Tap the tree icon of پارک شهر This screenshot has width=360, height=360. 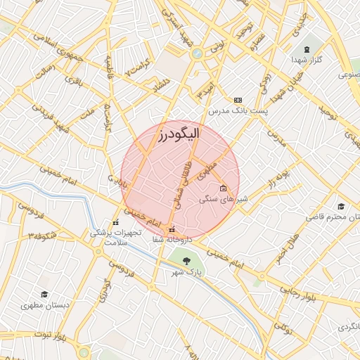pyautogui.click(x=186, y=261)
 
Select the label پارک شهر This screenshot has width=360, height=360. pyautogui.click(x=188, y=271)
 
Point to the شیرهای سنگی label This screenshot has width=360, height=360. pyautogui.click(x=217, y=199)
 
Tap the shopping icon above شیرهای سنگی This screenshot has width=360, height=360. pyautogui.click(x=223, y=188)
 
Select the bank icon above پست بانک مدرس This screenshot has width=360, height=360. pyautogui.click(x=238, y=101)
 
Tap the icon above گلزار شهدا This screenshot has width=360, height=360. pyautogui.click(x=307, y=49)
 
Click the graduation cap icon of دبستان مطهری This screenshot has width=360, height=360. pyautogui.click(x=44, y=294)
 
